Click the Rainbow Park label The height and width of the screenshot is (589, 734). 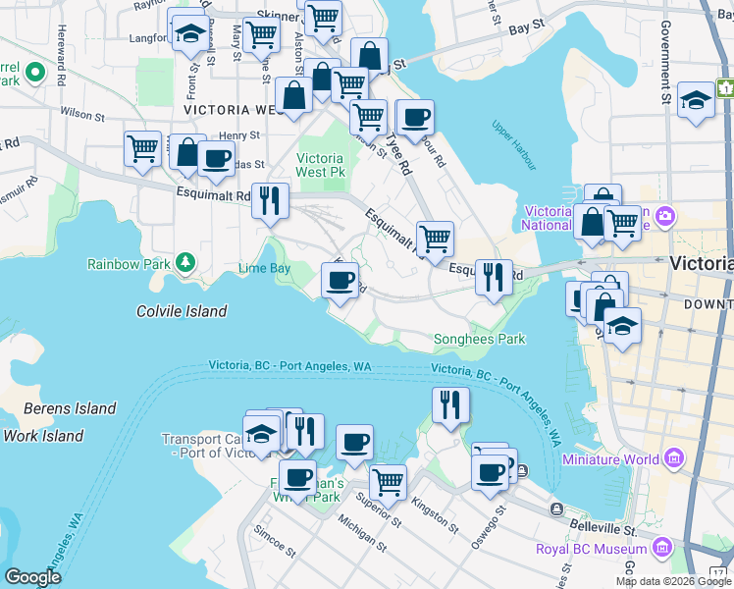(128, 264)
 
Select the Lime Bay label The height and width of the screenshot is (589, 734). (264, 268)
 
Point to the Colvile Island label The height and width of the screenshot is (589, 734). (182, 311)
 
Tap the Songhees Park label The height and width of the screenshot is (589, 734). (480, 340)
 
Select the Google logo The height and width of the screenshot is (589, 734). (33, 577)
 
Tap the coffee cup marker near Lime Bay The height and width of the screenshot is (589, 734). (340, 282)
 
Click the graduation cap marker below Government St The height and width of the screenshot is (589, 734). (697, 100)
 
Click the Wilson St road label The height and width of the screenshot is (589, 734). (81, 113)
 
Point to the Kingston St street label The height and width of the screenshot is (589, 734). (435, 515)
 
